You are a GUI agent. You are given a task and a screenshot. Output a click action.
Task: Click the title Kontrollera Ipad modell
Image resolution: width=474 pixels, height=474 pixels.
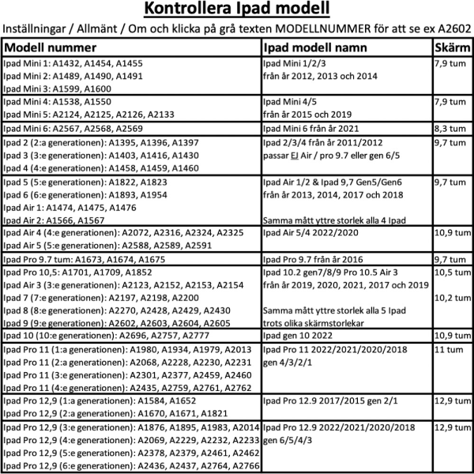tap(237, 10)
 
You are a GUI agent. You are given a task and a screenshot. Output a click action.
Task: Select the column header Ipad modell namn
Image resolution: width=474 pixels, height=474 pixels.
tap(312, 47)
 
